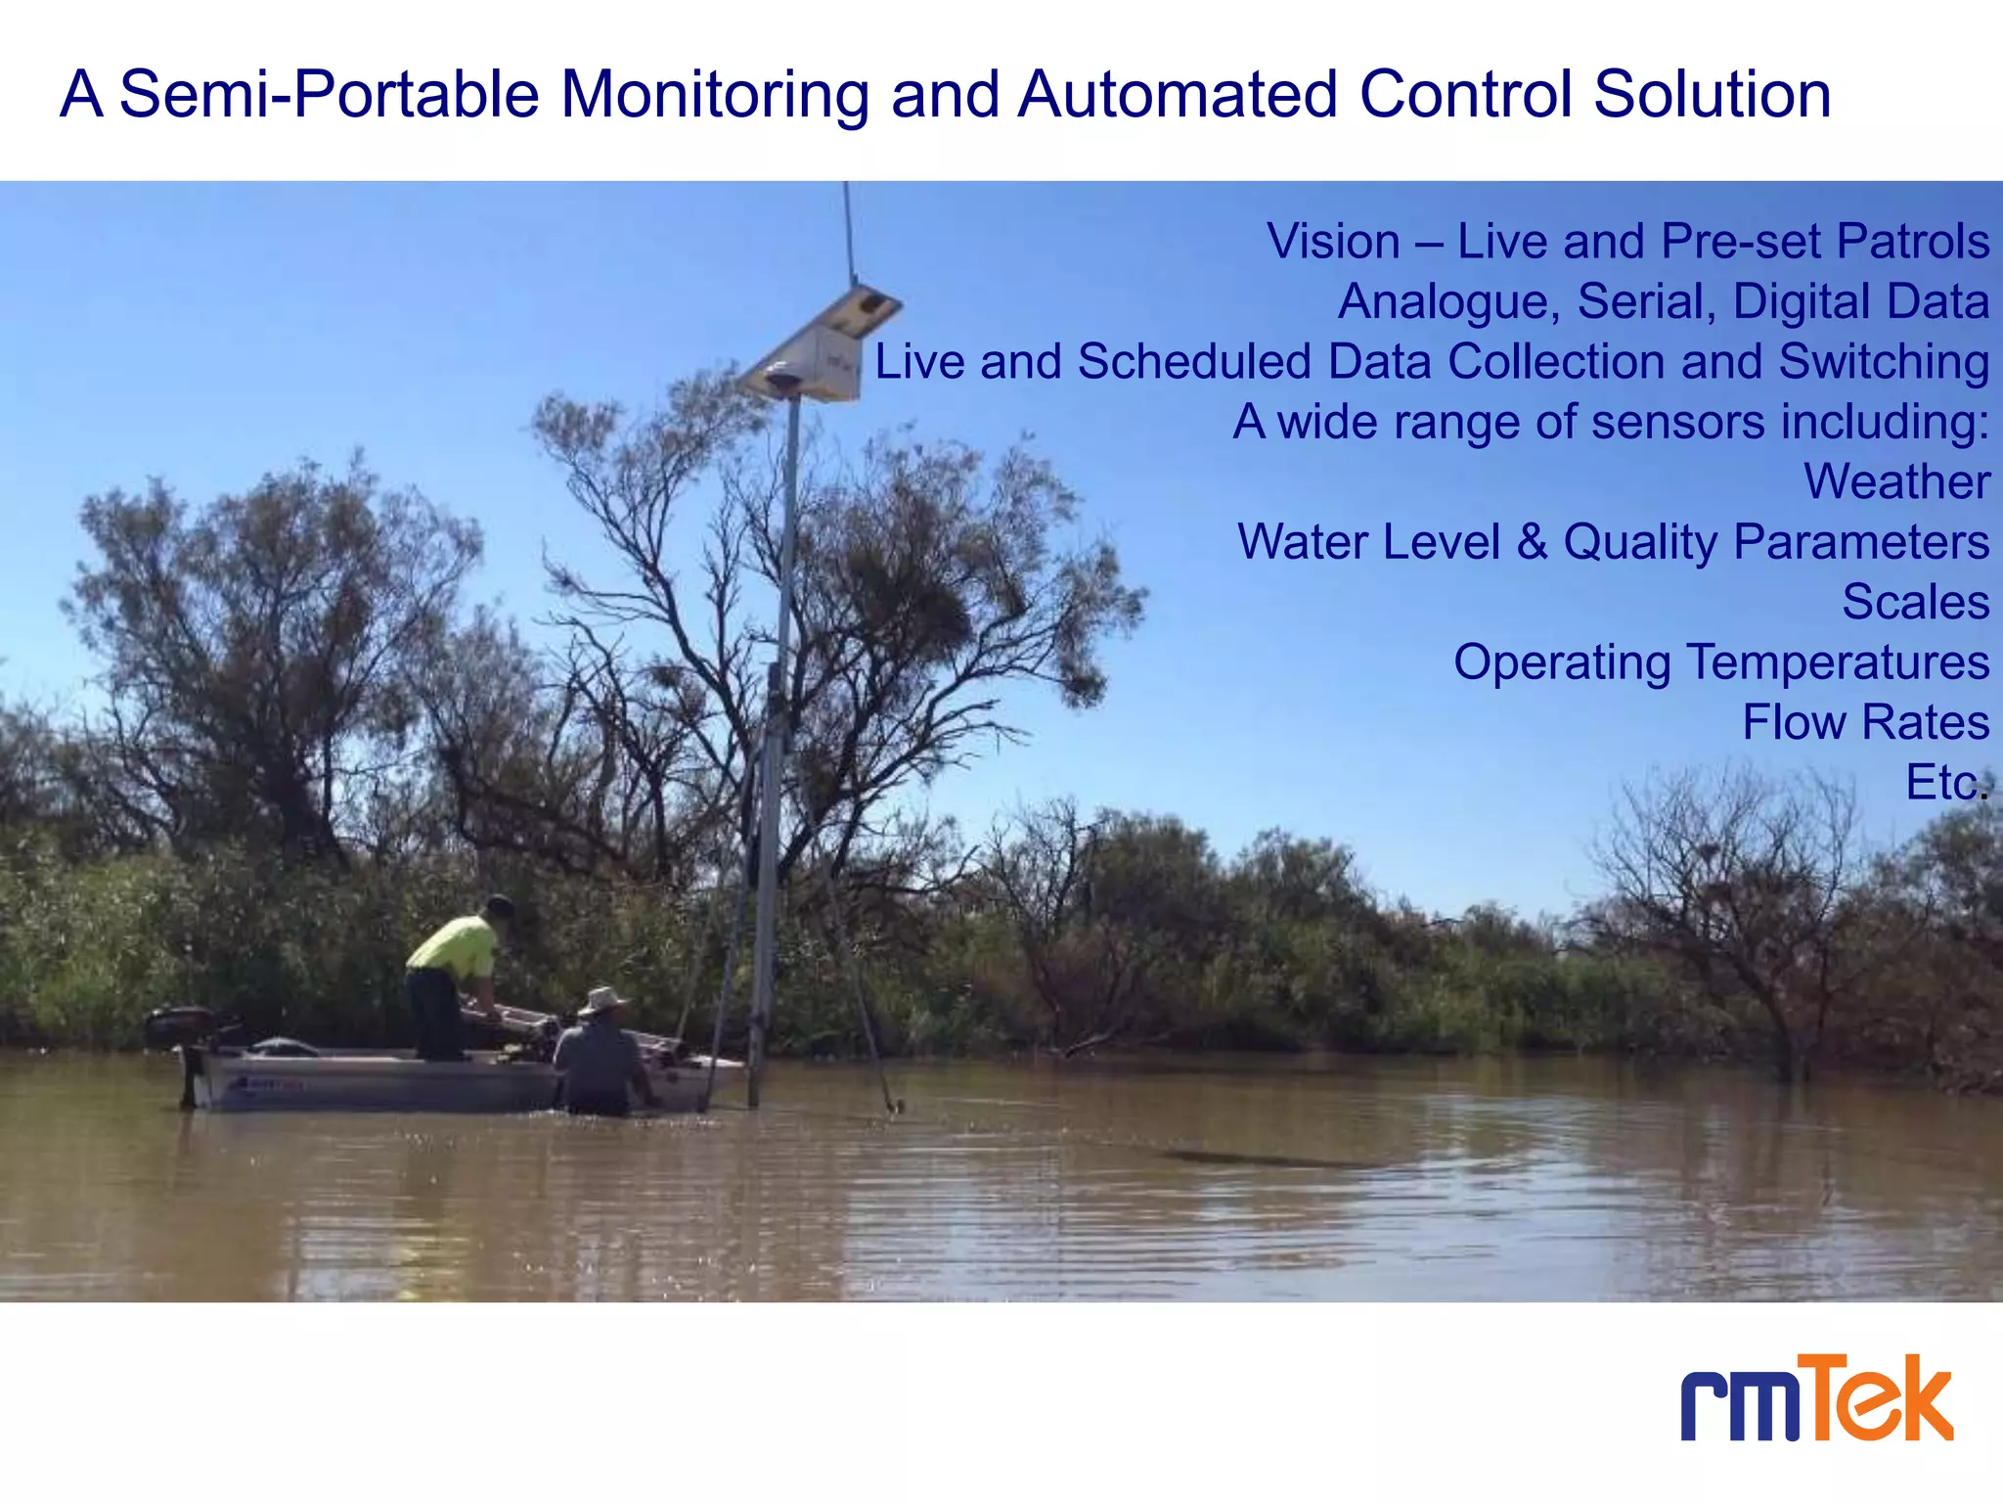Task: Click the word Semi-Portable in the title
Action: (x=330, y=95)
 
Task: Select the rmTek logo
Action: (x=1817, y=1399)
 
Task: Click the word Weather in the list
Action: (x=1896, y=481)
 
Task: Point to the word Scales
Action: (x=1915, y=602)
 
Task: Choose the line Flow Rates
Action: (x=1865, y=722)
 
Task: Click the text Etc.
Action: (x=1945, y=783)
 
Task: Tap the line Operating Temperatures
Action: (x=1721, y=662)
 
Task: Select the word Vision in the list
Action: (x=1333, y=242)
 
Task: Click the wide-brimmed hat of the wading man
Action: (x=601, y=1001)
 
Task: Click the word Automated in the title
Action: (x=1177, y=95)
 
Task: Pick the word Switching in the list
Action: (x=1884, y=361)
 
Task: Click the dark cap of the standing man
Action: (x=500, y=905)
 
